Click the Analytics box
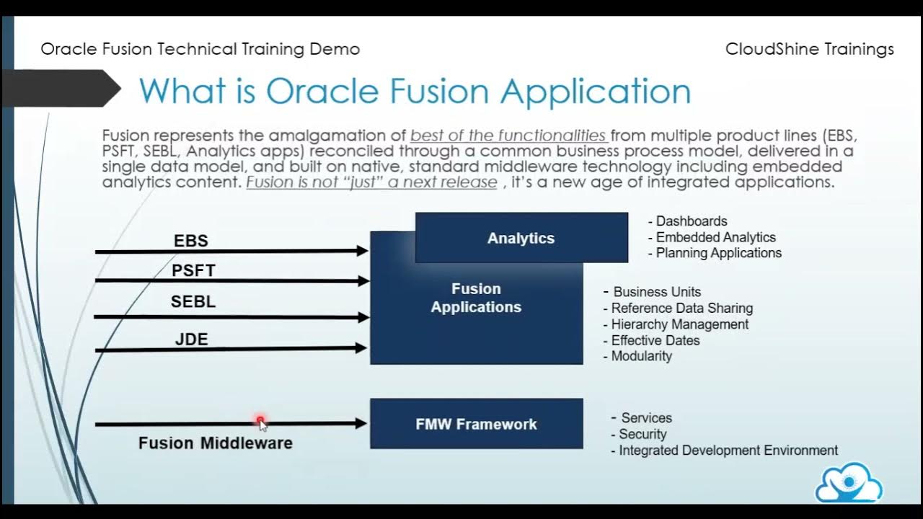pyautogui.click(x=521, y=238)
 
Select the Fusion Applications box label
pyautogui.click(x=476, y=298)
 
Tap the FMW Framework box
pyautogui.click(x=476, y=424)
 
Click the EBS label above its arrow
pyautogui.click(x=191, y=241)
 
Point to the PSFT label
pyautogui.click(x=193, y=271)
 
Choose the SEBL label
pyautogui.click(x=193, y=302)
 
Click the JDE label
pyautogui.click(x=191, y=339)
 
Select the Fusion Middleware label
pyautogui.click(x=216, y=443)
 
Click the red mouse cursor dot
pyautogui.click(x=260, y=420)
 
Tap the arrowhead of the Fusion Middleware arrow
pyautogui.click(x=361, y=424)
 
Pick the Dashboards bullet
pyautogui.click(x=691, y=221)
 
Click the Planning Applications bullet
pyautogui.click(x=718, y=253)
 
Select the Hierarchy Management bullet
pyautogui.click(x=679, y=324)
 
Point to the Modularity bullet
pyautogui.click(x=641, y=356)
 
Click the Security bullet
pyautogui.click(x=642, y=434)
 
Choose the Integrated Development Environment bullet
pyautogui.click(x=728, y=451)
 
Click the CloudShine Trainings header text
pyautogui.click(x=809, y=49)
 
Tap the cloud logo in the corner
pyautogui.click(x=849, y=482)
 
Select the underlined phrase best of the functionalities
pyautogui.click(x=508, y=136)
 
